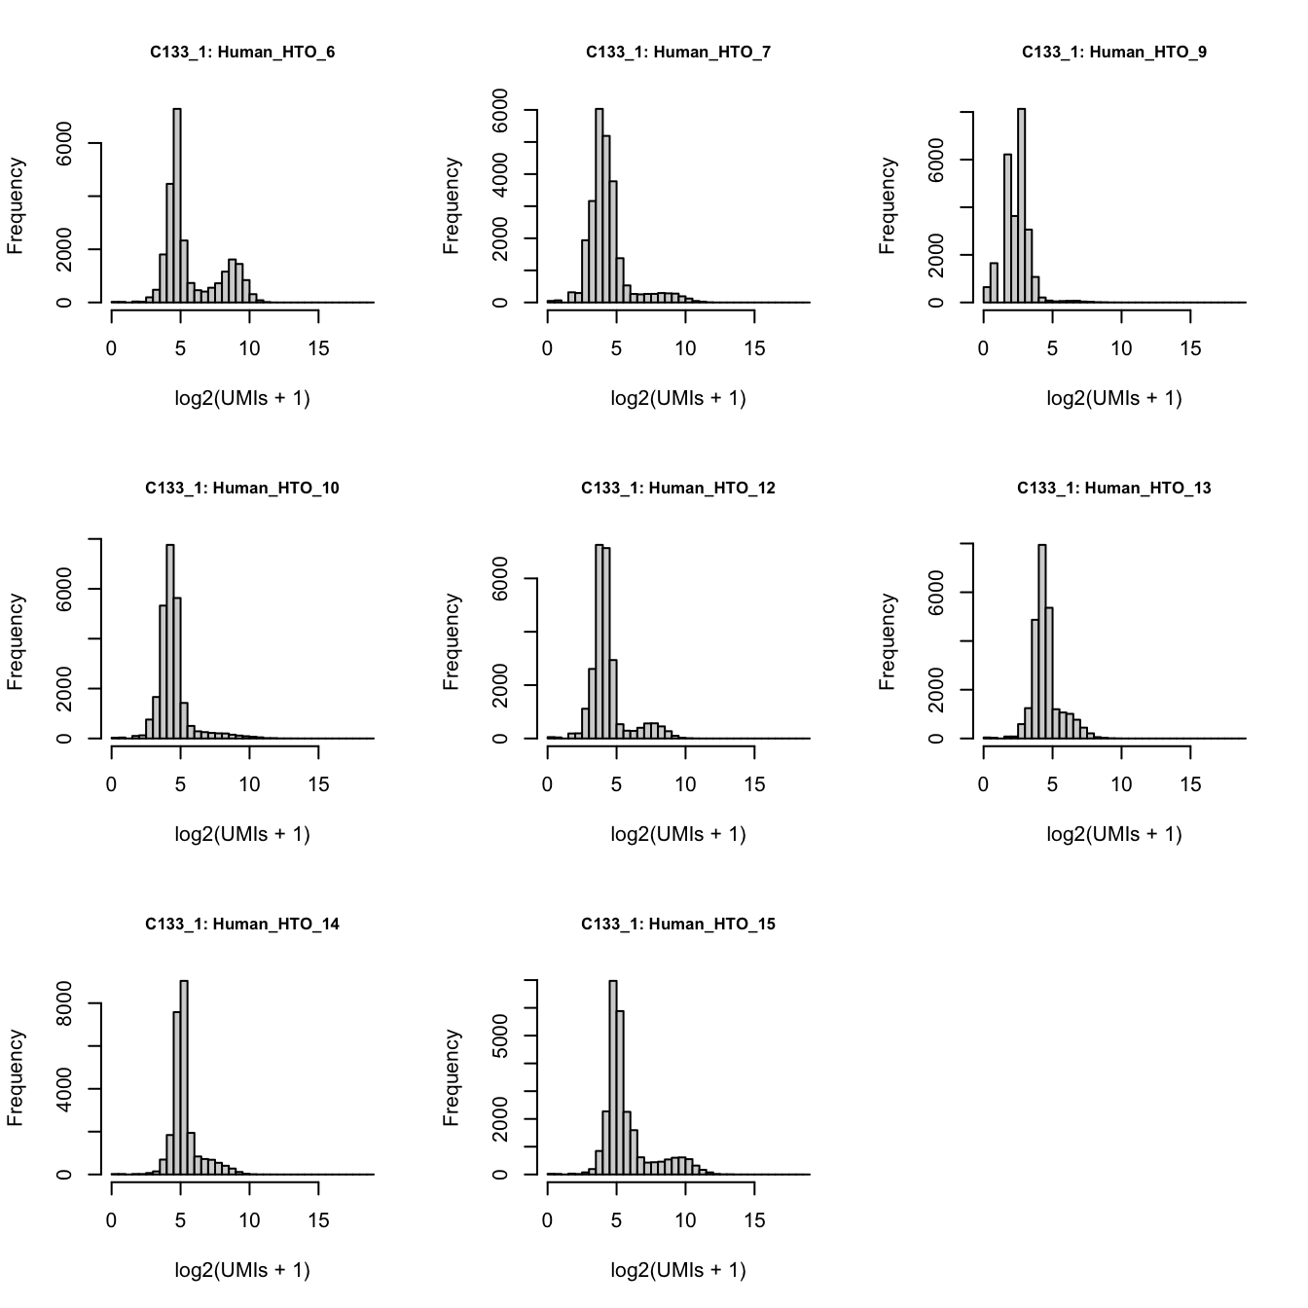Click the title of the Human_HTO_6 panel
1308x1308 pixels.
242,53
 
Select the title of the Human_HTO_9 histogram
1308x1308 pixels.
1113,53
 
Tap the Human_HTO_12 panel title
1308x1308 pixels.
678,489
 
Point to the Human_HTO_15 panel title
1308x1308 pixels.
678,925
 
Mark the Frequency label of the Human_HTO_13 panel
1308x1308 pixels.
887,641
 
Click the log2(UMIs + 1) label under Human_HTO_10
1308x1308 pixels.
242,834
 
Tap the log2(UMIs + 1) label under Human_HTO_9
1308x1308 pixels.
1113,398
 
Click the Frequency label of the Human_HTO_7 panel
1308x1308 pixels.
451,205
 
